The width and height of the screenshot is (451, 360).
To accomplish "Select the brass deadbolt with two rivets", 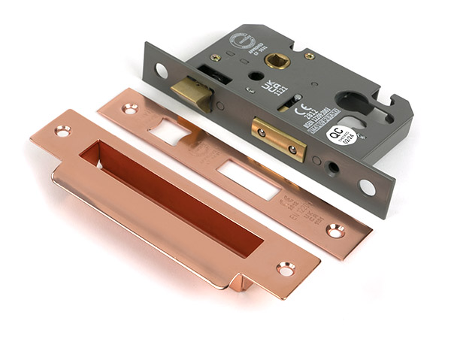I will click(278, 138).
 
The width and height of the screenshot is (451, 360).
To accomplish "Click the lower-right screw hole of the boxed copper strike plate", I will click(286, 267).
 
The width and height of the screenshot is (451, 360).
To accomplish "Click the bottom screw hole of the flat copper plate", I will click(333, 231).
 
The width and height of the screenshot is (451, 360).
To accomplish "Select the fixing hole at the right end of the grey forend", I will click(368, 186).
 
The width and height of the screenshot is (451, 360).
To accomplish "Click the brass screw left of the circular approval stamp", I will click(216, 58).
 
